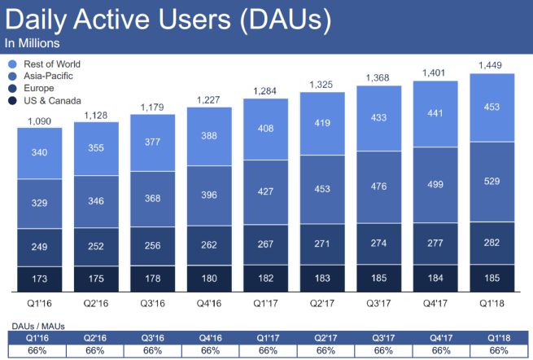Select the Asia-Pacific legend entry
coord(41,76)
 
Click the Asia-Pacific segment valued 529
coord(491,182)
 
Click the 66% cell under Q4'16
coord(209,350)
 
